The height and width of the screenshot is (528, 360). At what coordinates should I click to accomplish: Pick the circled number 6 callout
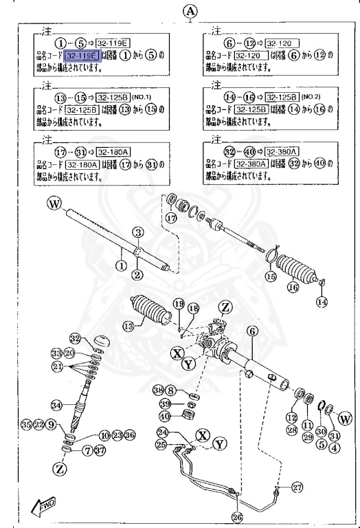[252, 331]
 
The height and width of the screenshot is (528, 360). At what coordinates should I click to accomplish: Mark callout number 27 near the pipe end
[297, 488]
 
